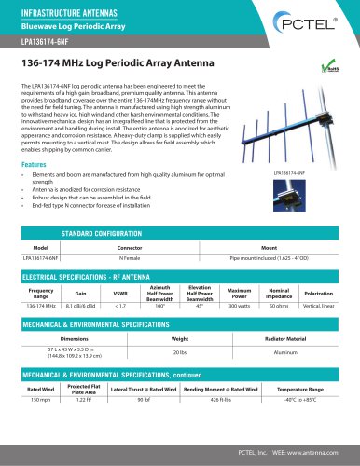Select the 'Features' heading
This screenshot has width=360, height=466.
35,138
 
